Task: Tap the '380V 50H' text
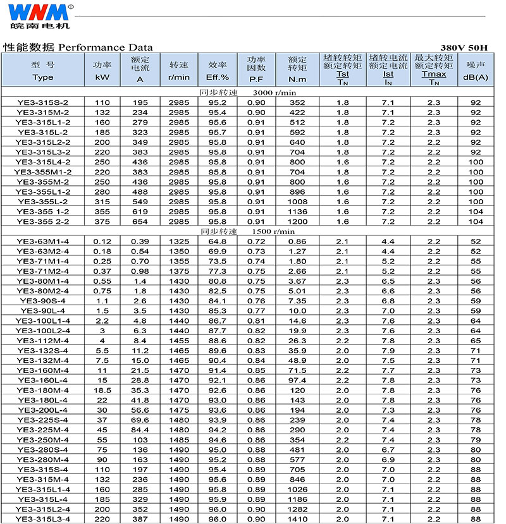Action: coord(465,47)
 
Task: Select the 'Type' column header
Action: coord(43,78)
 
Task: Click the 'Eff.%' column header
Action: coord(218,78)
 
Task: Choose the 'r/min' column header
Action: coord(179,78)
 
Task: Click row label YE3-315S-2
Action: coord(43,102)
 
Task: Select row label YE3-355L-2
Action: coord(43,202)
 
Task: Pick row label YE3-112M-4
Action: coord(43,341)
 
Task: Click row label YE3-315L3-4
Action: coord(43,519)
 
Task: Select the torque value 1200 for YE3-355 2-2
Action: coord(297,222)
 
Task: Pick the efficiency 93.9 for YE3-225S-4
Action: coord(218,420)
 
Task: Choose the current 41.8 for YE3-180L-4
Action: coord(140,400)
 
